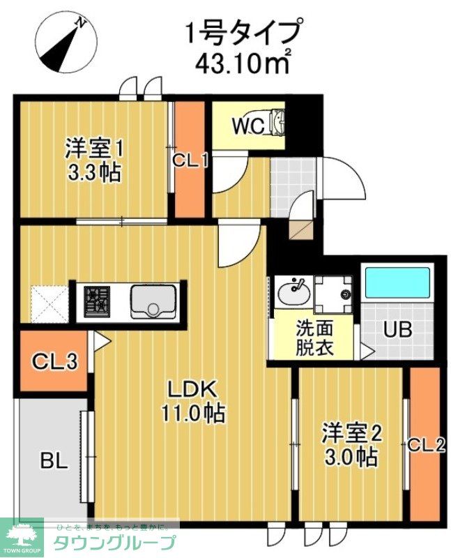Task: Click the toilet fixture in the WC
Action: coord(276,123)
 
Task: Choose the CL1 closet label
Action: coord(190,160)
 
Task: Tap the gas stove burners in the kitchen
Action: coord(97,301)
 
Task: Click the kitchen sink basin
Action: coord(152,302)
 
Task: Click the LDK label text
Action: coord(192,389)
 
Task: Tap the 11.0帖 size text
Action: coord(193,413)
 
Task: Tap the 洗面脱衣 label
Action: coord(314,338)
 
